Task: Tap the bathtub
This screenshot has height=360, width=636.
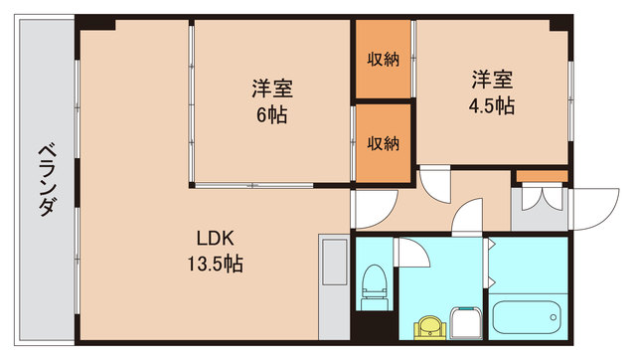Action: pos(526,318)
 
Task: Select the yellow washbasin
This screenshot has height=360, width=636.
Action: pos(431,324)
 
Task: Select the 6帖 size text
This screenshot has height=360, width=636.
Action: pos(270,114)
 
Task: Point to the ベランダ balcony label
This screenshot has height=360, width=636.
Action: pos(46,179)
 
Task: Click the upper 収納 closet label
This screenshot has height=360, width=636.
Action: pos(384,58)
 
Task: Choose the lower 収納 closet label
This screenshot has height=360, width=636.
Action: pos(384,143)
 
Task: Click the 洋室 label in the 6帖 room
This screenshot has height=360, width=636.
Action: pos(270,89)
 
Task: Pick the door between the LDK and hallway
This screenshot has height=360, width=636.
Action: pos(369,207)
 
